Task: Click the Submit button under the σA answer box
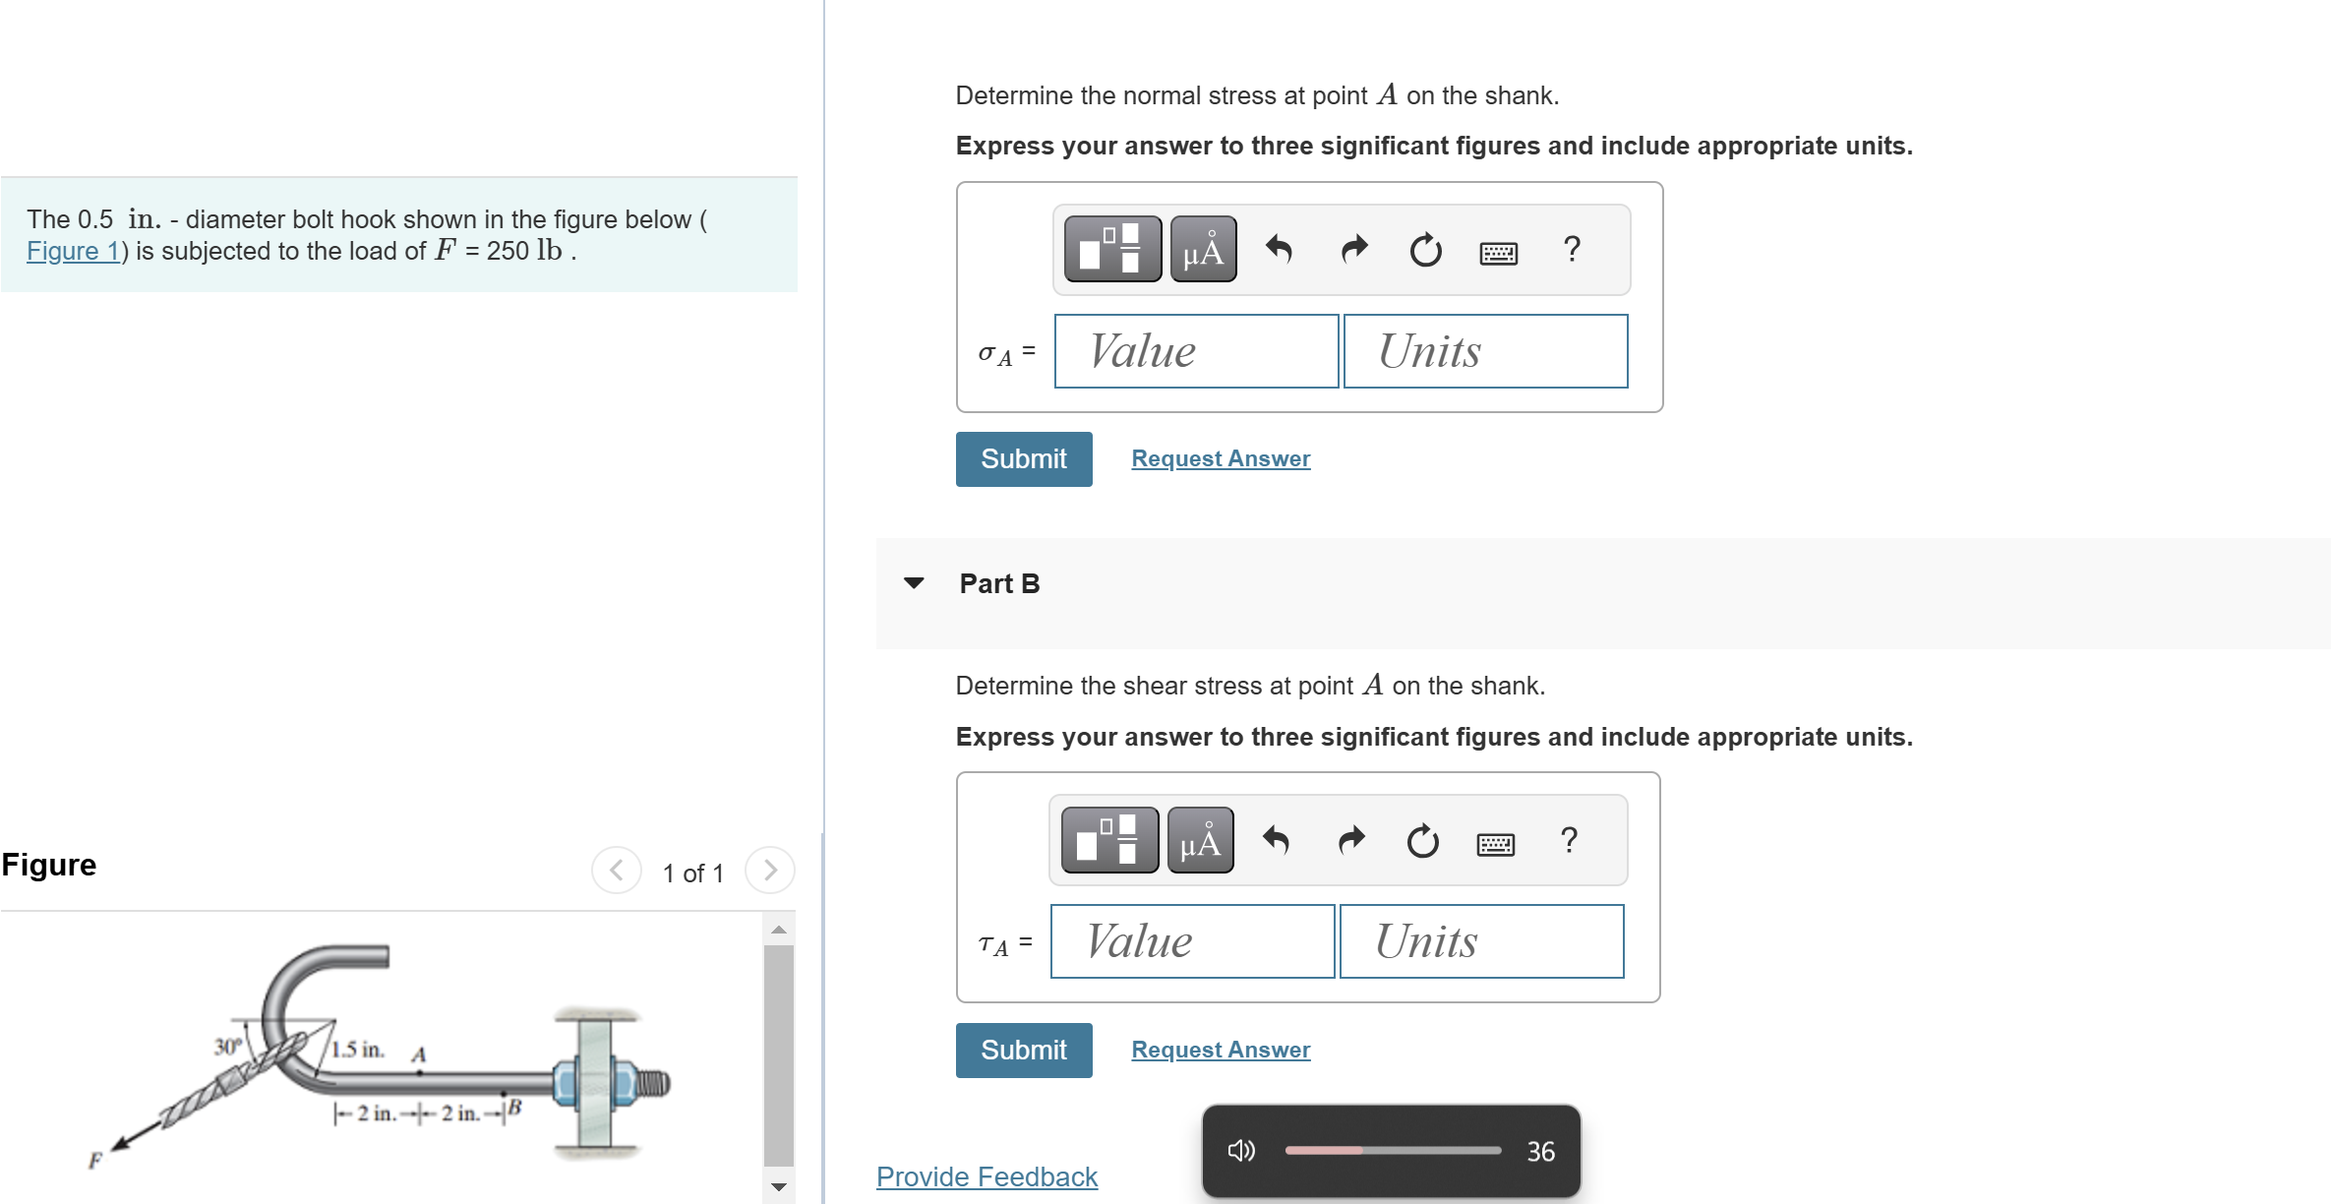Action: pyautogui.click(x=1024, y=459)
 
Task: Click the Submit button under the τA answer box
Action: pyautogui.click(x=1024, y=1051)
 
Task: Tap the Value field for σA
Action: pyautogui.click(x=1196, y=351)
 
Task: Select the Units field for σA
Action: pyautogui.click(x=1485, y=351)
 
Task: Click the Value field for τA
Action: pyautogui.click(x=1192, y=941)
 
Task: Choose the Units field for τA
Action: pyautogui.click(x=1482, y=941)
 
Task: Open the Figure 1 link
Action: pyautogui.click(x=73, y=251)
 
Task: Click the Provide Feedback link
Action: pyautogui.click(x=986, y=1176)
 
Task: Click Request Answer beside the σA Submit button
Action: pyautogui.click(x=1221, y=458)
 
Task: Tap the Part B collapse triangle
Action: pyautogui.click(x=914, y=583)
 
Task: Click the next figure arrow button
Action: pyautogui.click(x=770, y=871)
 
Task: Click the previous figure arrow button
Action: pyautogui.click(x=617, y=871)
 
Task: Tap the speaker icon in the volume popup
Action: pyautogui.click(x=1241, y=1150)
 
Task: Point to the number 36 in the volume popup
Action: pyautogui.click(x=1540, y=1151)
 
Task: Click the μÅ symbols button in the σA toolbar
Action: pyautogui.click(x=1204, y=250)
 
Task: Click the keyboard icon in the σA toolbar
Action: pyautogui.click(x=1498, y=253)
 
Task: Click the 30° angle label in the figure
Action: pyautogui.click(x=227, y=1047)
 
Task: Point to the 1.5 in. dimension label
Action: pyautogui.click(x=358, y=1050)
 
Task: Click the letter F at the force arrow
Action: pyautogui.click(x=95, y=1161)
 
